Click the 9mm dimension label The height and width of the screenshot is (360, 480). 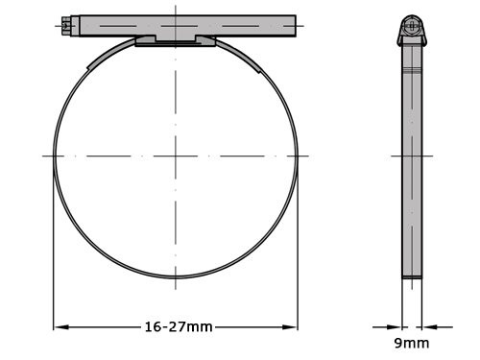pos(411,343)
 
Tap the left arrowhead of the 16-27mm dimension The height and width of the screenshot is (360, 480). pos(58,327)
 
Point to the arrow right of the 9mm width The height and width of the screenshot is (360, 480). pos(427,327)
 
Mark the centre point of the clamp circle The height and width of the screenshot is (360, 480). pos(176,156)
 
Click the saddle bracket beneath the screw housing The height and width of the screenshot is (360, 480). pos(176,40)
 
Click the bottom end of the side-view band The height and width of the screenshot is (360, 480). pos(412,277)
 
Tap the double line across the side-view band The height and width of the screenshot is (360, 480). pos(412,73)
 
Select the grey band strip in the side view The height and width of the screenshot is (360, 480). pos(412,173)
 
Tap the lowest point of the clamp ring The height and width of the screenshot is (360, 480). pos(176,278)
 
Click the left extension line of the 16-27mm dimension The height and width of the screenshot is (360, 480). pos(53,250)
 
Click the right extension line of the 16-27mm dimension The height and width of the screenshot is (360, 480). pos(298,250)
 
